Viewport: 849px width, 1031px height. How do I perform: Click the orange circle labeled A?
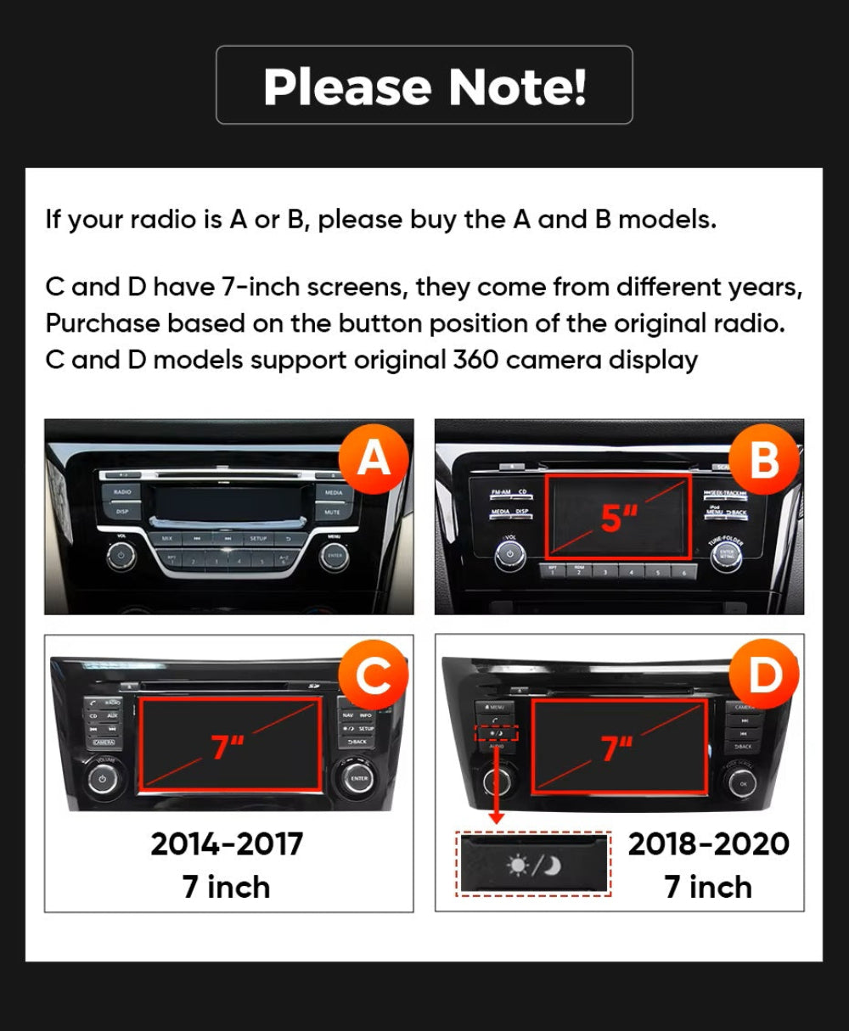coord(374,459)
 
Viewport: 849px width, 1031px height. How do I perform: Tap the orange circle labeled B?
coord(764,459)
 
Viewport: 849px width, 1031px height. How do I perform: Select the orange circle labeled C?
coord(374,676)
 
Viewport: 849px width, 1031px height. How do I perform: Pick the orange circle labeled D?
coord(764,676)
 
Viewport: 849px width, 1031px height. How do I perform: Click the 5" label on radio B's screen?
coord(619,518)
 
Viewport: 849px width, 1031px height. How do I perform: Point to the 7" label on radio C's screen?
coord(228,747)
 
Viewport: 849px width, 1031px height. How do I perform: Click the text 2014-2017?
coord(227,843)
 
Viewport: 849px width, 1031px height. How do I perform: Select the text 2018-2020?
coord(708,843)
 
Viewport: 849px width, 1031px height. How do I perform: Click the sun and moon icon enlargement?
coord(533,865)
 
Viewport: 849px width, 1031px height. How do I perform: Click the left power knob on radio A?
coord(121,558)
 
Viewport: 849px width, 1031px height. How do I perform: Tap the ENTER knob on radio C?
coord(358,777)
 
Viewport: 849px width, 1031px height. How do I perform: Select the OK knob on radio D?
coord(742,782)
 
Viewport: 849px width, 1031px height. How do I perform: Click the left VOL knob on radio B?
coord(509,554)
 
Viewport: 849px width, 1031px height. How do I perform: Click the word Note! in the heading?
coord(517,87)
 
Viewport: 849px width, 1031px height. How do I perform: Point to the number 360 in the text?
coord(475,360)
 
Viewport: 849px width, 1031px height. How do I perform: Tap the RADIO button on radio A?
coord(122,492)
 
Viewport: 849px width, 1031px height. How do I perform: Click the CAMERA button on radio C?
coord(104,742)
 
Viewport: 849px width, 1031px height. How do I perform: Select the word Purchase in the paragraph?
coord(102,324)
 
